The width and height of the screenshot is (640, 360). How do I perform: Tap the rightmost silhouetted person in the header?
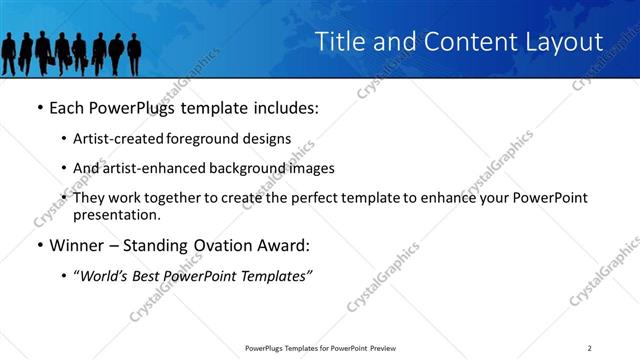(x=134, y=53)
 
